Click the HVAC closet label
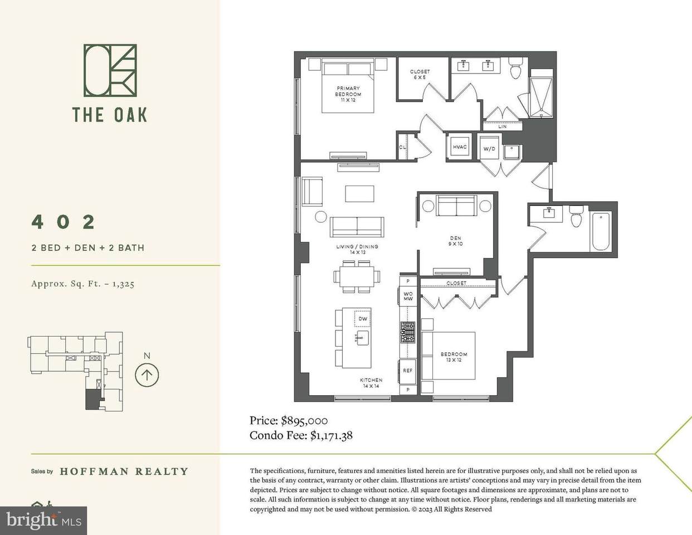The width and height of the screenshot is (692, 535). [x=460, y=147]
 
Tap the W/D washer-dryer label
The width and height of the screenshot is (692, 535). [x=489, y=149]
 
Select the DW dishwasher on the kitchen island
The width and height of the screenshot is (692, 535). [x=363, y=318]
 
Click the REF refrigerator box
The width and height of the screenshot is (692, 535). [x=407, y=371]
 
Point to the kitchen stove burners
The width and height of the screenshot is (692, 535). [x=408, y=332]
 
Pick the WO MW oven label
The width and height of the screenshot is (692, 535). [x=408, y=296]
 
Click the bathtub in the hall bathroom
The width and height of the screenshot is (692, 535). [x=601, y=232]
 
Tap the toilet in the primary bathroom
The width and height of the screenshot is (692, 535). [x=515, y=68]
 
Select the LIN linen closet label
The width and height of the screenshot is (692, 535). [x=502, y=127]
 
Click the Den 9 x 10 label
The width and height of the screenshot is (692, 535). [x=455, y=241]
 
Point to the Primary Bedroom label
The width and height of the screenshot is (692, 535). [x=348, y=94]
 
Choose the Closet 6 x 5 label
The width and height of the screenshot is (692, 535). [x=420, y=75]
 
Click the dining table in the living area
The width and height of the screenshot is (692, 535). [x=357, y=276]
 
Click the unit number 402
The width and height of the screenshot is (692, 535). [x=63, y=222]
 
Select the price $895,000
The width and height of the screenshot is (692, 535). [x=304, y=421]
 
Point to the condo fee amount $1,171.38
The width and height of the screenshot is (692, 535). [x=332, y=435]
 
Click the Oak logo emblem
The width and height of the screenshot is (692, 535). [x=110, y=70]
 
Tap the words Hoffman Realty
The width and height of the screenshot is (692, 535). [x=124, y=471]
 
